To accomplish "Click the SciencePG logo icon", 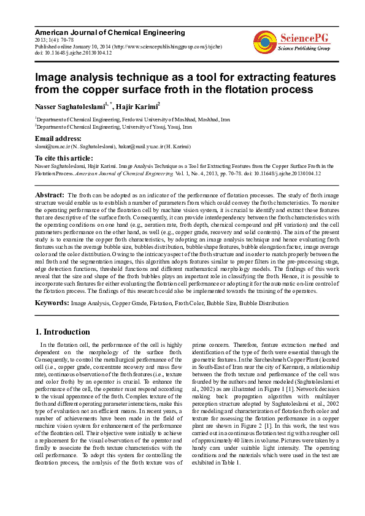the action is pos(265,41).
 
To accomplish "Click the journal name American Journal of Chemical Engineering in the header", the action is pos(109,32).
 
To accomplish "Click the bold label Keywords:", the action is pos(52,303).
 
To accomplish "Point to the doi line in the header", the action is pos(73,53).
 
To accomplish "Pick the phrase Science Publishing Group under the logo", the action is pos(304,47).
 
